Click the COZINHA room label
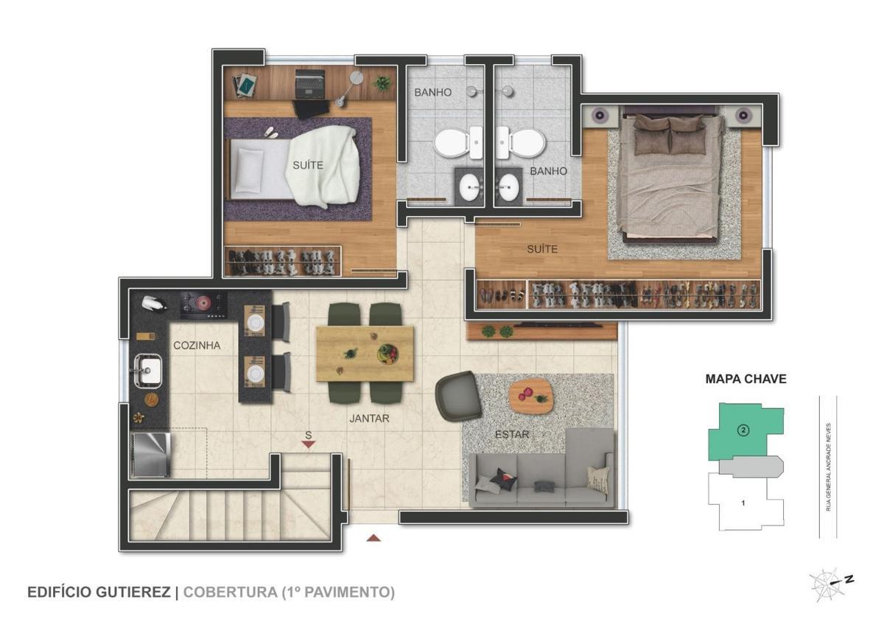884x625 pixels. click(x=197, y=346)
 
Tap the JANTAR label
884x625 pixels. click(x=369, y=418)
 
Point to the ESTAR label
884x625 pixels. click(x=512, y=434)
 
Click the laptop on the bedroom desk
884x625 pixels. click(x=311, y=85)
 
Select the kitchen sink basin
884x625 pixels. click(x=148, y=370)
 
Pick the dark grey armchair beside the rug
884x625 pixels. click(x=458, y=396)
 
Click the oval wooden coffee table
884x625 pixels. click(x=531, y=396)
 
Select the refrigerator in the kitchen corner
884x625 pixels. click(x=150, y=455)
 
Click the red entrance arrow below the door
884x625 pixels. click(x=373, y=538)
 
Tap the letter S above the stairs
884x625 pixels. click(x=308, y=435)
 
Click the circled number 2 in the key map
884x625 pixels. click(x=743, y=430)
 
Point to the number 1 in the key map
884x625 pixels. click(x=743, y=503)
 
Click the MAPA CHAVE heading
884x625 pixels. click(x=746, y=379)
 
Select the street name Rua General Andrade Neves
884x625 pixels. click(x=828, y=467)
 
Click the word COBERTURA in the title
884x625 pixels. click(x=230, y=593)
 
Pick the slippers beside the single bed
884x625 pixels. click(x=271, y=132)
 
